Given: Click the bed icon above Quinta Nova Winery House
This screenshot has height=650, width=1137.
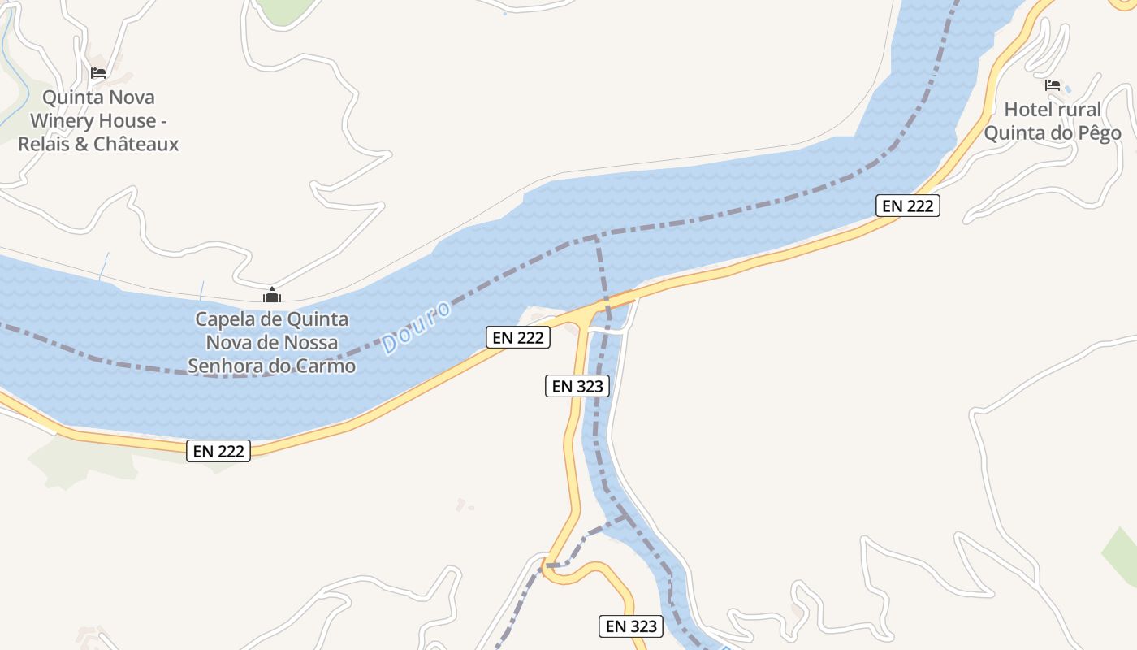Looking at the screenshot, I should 98,73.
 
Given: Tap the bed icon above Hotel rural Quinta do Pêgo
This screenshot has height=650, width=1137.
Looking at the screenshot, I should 1053,85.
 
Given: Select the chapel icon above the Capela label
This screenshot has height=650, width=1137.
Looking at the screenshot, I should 271,296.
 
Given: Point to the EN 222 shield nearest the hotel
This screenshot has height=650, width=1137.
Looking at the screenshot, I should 908,206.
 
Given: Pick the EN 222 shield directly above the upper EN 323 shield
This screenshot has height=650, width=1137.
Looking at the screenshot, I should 518,337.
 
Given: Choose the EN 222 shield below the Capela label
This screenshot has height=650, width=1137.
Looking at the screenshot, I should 218,451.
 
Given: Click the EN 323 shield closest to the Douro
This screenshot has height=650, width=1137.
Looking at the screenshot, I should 577,386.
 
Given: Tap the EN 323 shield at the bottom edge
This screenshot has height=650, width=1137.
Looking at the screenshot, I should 631,626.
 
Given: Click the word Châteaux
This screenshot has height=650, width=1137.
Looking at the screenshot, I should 136,145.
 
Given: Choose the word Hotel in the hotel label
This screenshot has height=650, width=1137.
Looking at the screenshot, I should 1027,110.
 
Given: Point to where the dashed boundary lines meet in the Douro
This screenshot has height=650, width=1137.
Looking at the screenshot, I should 597,237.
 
